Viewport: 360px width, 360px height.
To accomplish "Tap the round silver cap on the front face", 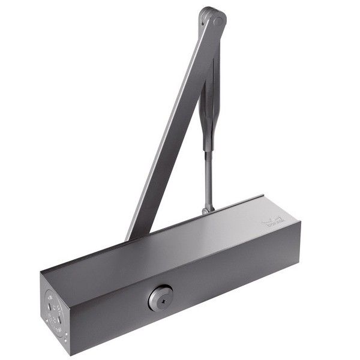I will [160, 298].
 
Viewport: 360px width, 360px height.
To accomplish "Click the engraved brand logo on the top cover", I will [274, 223].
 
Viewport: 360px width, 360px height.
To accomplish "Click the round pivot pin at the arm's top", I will [214, 19].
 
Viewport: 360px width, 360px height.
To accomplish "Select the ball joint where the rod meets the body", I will [208, 209].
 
